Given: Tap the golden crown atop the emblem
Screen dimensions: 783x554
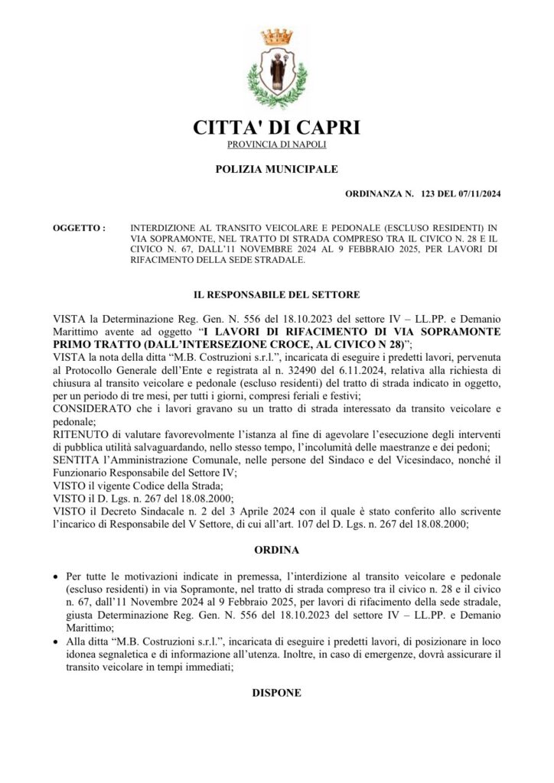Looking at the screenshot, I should [277, 36].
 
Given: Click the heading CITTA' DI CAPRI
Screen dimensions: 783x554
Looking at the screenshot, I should [277, 128].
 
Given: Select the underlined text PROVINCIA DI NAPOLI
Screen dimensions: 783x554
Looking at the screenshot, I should [277, 145].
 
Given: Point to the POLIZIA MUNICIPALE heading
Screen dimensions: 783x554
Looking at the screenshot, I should [277, 168].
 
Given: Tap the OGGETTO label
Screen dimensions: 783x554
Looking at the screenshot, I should [79, 228].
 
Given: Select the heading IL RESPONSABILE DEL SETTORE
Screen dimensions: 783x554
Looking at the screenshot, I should [277, 294].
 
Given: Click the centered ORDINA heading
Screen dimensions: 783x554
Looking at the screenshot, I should [277, 550].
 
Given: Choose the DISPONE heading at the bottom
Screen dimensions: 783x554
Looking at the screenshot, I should [277, 693].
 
